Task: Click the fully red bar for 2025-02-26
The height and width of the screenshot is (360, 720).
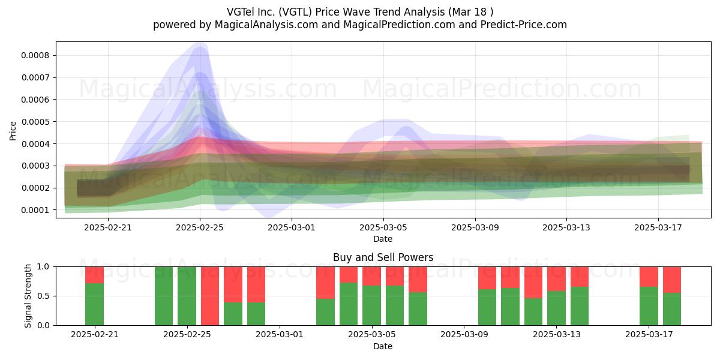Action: [x=210, y=296]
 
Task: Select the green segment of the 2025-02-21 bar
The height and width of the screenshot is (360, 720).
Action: [x=95, y=304]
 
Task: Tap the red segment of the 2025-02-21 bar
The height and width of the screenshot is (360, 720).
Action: [x=95, y=275]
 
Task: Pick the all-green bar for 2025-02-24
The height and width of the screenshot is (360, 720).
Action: [x=164, y=296]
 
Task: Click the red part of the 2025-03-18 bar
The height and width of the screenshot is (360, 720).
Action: [x=672, y=280]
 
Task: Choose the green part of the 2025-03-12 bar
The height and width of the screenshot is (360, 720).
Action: [x=533, y=312]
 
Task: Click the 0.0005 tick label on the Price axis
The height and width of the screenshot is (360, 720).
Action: [x=35, y=122]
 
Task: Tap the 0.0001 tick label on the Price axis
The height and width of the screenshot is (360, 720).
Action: [x=35, y=210]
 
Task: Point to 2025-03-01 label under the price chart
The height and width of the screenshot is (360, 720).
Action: [x=292, y=227]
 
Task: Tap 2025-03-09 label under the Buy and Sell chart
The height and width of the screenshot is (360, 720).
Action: [x=464, y=335]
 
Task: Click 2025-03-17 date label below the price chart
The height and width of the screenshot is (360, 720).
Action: [x=658, y=227]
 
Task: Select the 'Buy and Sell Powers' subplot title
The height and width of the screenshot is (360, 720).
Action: [x=383, y=257]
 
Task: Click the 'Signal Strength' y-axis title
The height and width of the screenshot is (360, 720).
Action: [x=28, y=296]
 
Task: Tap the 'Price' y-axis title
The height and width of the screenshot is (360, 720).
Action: [x=13, y=131]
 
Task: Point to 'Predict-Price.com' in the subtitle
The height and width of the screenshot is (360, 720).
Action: [x=524, y=25]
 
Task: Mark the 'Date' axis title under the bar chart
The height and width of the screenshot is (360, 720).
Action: [x=383, y=346]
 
